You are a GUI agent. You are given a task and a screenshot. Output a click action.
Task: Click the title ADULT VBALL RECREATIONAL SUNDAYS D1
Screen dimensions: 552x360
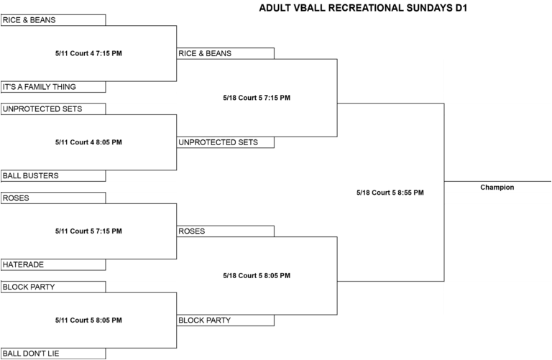pyautogui.click(x=363, y=8)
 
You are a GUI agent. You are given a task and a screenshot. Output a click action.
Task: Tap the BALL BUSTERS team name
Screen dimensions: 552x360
pyautogui.click(x=31, y=175)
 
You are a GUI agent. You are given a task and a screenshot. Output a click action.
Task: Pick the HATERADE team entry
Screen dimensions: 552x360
pyautogui.click(x=23, y=264)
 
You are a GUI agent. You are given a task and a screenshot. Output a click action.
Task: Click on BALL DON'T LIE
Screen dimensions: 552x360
pyautogui.click(x=31, y=354)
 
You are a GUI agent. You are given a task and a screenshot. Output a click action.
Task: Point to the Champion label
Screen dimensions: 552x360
pyautogui.click(x=497, y=188)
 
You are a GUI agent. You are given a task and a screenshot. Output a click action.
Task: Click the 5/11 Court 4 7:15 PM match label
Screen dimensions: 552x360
pyautogui.click(x=88, y=53)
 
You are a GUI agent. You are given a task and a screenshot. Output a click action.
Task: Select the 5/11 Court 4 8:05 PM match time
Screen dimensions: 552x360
pyautogui.click(x=88, y=142)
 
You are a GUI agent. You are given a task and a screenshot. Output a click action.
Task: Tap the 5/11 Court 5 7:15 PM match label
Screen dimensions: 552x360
pyautogui.click(x=88, y=231)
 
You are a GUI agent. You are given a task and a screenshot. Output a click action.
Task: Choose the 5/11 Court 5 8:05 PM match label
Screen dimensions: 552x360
pyautogui.click(x=88, y=320)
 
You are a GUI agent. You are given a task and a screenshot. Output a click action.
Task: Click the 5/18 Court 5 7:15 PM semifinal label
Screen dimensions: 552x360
pyautogui.click(x=257, y=98)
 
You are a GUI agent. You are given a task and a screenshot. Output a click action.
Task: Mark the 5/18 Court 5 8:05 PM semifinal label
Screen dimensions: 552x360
pyautogui.click(x=257, y=275)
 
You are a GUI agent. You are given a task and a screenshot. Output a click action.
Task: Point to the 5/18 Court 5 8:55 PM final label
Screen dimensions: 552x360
pyautogui.click(x=390, y=193)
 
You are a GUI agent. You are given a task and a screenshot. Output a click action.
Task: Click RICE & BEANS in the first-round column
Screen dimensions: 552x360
pyautogui.click(x=29, y=20)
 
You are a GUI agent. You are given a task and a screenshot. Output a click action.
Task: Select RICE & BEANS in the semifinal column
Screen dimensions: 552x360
pyautogui.click(x=205, y=53)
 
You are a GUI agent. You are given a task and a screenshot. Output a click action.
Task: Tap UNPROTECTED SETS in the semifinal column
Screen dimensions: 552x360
pyautogui.click(x=218, y=142)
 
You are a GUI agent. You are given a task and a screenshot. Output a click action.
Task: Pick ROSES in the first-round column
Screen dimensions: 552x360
pyautogui.click(x=16, y=198)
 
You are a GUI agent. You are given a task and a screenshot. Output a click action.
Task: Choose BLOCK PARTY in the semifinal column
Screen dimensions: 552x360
pyautogui.click(x=205, y=320)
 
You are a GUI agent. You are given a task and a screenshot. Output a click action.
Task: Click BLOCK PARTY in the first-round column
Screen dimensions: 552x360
pyautogui.click(x=29, y=287)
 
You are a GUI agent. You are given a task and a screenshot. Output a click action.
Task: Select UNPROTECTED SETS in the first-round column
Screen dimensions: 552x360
pyautogui.click(x=42, y=109)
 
